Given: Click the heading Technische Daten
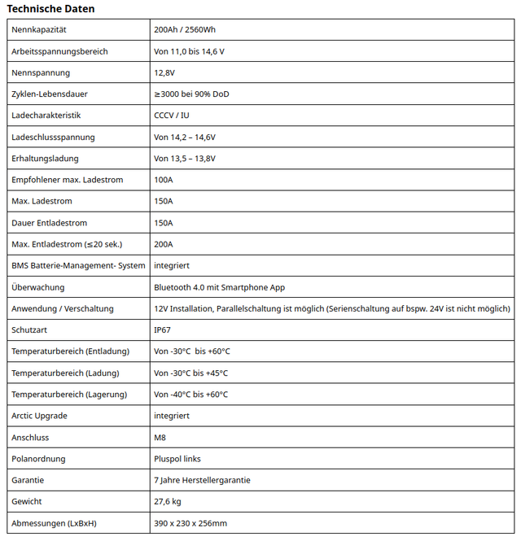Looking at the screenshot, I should (x=50, y=9).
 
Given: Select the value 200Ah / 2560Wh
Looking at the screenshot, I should (x=185, y=30).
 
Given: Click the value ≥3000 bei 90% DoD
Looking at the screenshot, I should (x=191, y=94).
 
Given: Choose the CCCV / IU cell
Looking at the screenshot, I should (x=172, y=116).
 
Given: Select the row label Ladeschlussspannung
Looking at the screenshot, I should (x=53, y=137).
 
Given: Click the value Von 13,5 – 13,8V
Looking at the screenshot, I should (x=185, y=159).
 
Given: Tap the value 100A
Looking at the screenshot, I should (x=164, y=180).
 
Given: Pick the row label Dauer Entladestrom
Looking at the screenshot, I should (x=50, y=223).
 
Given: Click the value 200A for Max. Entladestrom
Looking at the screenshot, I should (x=164, y=244).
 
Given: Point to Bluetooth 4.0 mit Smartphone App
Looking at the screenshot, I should (x=219, y=287).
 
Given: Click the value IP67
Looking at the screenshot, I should (x=163, y=330).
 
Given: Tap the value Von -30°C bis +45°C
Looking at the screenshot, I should (x=191, y=373).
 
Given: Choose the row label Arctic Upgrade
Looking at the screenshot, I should (x=40, y=416).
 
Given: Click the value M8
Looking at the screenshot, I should (x=160, y=438).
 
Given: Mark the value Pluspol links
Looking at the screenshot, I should (x=177, y=459).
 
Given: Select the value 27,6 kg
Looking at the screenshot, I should (x=168, y=502).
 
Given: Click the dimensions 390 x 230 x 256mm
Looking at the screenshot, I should (x=190, y=523).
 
